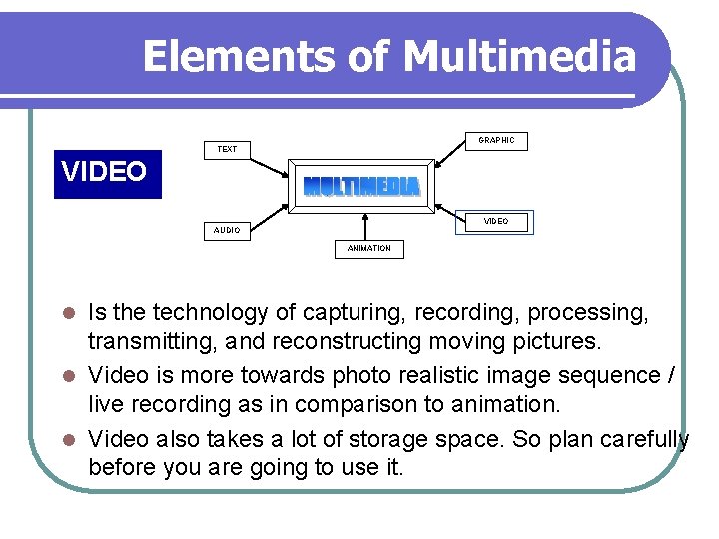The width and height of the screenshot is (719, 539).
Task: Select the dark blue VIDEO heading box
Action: coord(107,172)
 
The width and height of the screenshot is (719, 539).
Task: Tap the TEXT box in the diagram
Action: coord(228,149)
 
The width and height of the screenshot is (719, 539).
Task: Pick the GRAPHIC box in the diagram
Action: coord(496,141)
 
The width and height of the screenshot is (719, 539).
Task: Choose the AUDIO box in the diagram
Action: coord(227,230)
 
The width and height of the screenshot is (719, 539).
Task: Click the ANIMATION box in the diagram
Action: coord(368,248)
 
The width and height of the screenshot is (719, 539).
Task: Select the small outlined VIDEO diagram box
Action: coord(496,221)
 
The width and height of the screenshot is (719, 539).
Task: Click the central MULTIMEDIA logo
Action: coord(361,187)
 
